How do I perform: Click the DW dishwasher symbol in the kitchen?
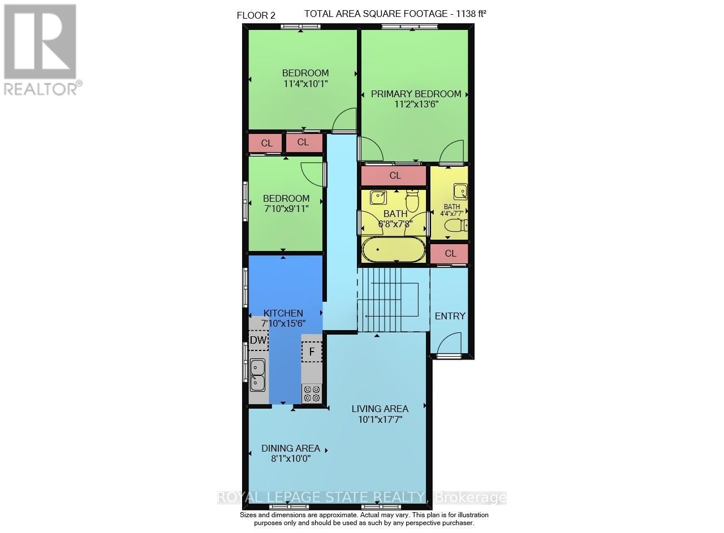[258, 340]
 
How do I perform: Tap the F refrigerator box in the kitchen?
[312, 352]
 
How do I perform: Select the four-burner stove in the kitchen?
[312, 393]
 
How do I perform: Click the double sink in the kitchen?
[258, 375]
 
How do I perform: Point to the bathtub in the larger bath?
[393, 250]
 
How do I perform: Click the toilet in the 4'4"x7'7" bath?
[456, 227]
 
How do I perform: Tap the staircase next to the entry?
[390, 300]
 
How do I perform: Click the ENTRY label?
[450, 316]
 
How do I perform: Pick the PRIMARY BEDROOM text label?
[416, 94]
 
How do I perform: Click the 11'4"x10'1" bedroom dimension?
[305, 84]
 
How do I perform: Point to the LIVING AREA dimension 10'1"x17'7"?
[380, 419]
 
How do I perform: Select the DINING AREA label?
[290, 448]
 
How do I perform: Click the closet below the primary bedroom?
[394, 176]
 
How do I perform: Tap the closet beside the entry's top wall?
[450, 253]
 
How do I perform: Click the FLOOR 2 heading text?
[256, 15]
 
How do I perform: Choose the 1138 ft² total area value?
[468, 14]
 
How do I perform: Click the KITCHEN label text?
[283, 313]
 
